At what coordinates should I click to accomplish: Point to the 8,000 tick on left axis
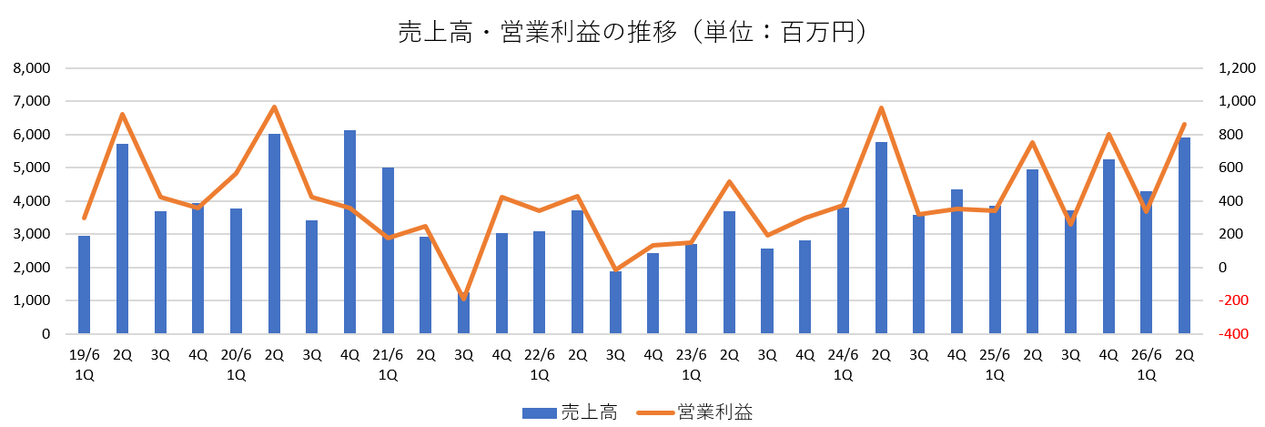[x=32, y=68]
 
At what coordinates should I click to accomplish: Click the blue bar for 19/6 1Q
[x=84, y=284]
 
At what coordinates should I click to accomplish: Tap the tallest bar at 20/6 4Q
[x=349, y=232]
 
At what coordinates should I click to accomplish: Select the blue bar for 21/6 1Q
[x=388, y=250]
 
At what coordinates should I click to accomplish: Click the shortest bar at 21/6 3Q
[x=463, y=317]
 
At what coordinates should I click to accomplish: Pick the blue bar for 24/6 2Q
[x=881, y=238]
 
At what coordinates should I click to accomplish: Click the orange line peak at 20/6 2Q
[x=274, y=107]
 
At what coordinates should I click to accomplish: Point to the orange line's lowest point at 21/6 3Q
[x=463, y=298]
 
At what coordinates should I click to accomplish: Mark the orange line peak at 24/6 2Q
[x=881, y=107]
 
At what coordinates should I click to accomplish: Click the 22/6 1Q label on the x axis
[x=540, y=364]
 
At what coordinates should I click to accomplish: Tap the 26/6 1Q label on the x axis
[x=1147, y=364]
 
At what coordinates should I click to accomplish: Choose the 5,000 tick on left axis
[x=32, y=168]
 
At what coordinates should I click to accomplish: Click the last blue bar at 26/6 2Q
[x=1184, y=236]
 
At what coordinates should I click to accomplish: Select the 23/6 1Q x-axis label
[x=692, y=364]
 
